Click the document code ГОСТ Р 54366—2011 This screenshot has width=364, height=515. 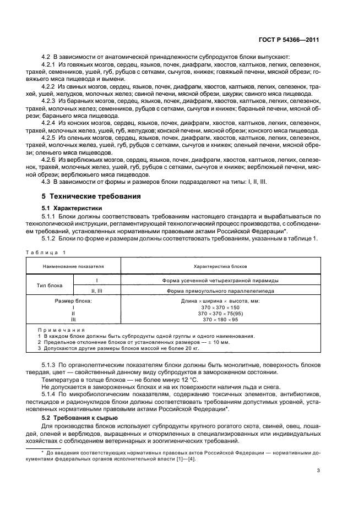[292, 40]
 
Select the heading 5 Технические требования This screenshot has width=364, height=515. [87, 196]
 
